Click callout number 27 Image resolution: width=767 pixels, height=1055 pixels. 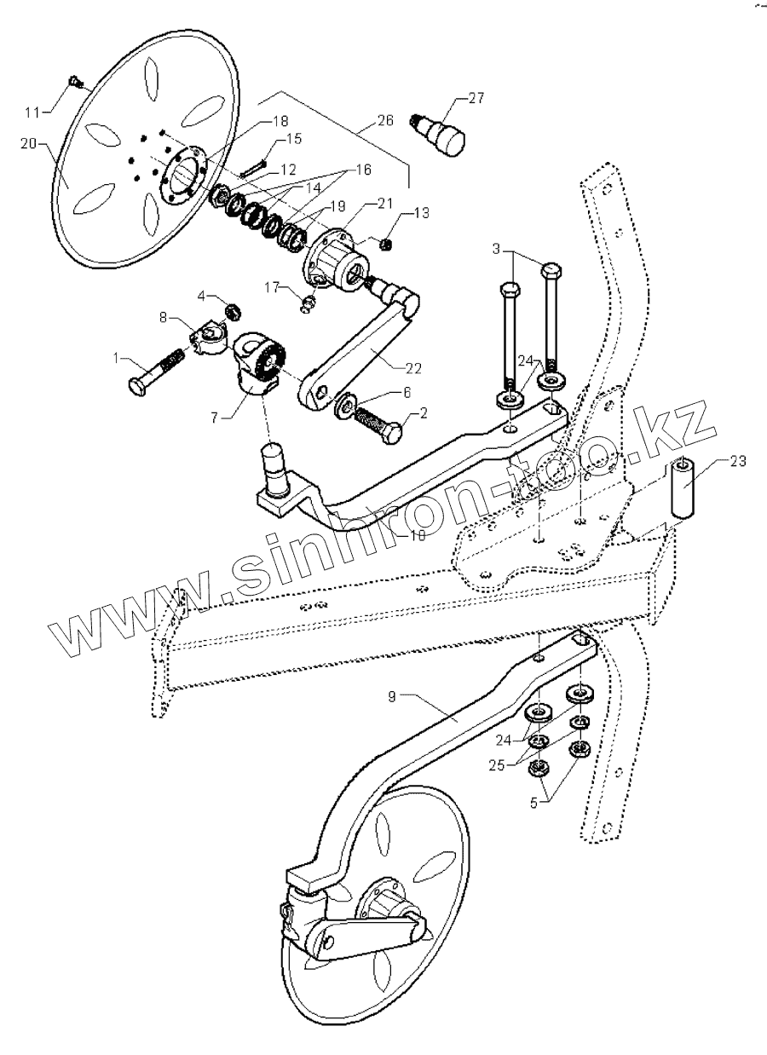pyautogui.click(x=476, y=100)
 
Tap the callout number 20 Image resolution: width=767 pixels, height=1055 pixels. pyautogui.click(x=28, y=145)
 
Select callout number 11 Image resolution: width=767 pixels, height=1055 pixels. pyautogui.click(x=32, y=112)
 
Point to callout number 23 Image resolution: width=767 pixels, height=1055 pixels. pyautogui.click(x=738, y=461)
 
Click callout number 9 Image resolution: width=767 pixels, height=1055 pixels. pyautogui.click(x=392, y=696)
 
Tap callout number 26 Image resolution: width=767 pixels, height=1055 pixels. pyautogui.click(x=384, y=121)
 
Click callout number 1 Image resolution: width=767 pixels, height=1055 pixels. pyautogui.click(x=117, y=359)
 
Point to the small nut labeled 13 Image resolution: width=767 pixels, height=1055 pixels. pyautogui.click(x=385, y=245)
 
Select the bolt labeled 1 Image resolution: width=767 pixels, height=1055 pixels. pyautogui.click(x=156, y=373)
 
